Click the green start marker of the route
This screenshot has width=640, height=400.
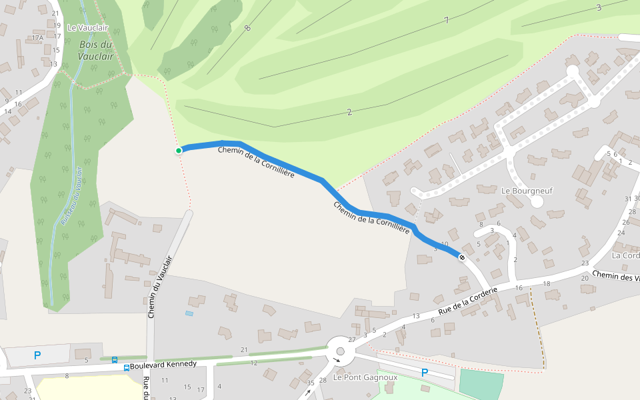pos(179,151)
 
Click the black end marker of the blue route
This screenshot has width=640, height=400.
pos(461,257)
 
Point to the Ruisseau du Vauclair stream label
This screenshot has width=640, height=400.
pos(71,195)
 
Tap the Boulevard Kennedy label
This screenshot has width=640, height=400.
pos(163,364)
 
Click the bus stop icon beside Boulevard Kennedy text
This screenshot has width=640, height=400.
pos(127,367)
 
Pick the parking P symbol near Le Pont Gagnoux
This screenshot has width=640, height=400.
pos(424,373)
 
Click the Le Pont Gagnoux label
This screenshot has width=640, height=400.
pos(365,377)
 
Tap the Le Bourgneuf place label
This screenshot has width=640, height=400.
pos(527,191)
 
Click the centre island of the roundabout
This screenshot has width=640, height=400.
pos(340,351)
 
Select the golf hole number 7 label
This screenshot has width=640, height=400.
pos(446,21)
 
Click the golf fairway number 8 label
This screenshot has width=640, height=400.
pos(247,28)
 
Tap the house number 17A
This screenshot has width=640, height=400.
pos(37,38)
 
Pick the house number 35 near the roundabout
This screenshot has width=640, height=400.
pos(310,383)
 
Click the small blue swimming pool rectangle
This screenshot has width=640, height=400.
pos(190,313)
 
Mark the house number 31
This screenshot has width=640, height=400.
pos(627,199)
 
